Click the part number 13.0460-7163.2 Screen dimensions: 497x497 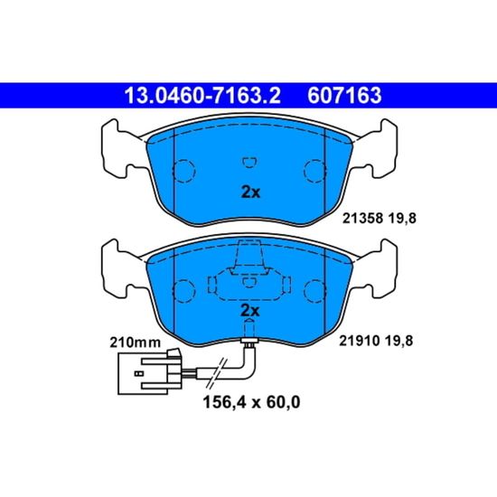[x=202, y=96]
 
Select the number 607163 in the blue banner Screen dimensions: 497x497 [x=344, y=96]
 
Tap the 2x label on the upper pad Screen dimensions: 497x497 [x=250, y=192]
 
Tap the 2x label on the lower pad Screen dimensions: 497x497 [x=250, y=311]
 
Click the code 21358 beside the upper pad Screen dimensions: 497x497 [x=363, y=219]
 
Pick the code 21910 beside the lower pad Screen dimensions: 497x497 [x=360, y=341]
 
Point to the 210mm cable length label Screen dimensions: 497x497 [x=135, y=342]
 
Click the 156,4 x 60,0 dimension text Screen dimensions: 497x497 [x=251, y=402]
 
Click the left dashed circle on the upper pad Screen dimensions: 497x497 [x=183, y=171]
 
